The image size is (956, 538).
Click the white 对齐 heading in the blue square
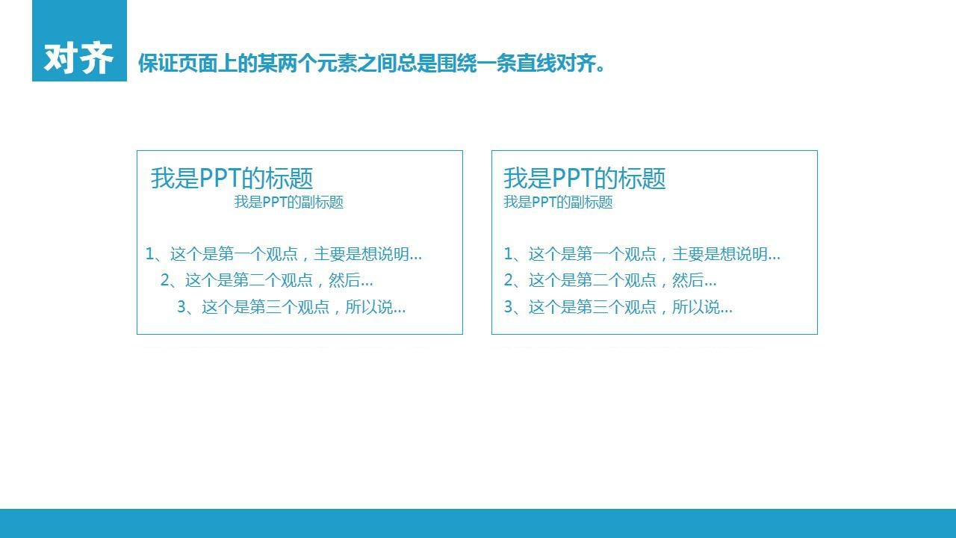(78, 58)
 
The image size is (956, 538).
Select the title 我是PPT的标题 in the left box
(232, 178)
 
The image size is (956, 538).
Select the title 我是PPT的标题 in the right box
(585, 178)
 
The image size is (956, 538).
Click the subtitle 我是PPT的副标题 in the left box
(289, 202)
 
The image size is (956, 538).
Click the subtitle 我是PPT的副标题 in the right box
(558, 202)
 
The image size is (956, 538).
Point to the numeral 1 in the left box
(149, 254)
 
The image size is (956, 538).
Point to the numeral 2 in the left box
(165, 280)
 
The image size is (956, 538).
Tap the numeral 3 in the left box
(181, 307)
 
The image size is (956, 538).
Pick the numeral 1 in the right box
(508, 254)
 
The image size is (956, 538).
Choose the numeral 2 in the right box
(509, 280)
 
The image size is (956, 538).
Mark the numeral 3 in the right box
(509, 307)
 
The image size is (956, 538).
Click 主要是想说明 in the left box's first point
(361, 254)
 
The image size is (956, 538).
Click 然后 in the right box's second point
(688, 280)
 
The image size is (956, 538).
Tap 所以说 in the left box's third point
(369, 307)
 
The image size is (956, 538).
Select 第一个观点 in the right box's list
(616, 254)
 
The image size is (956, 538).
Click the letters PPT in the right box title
(573, 178)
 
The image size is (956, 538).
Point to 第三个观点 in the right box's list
(616, 307)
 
